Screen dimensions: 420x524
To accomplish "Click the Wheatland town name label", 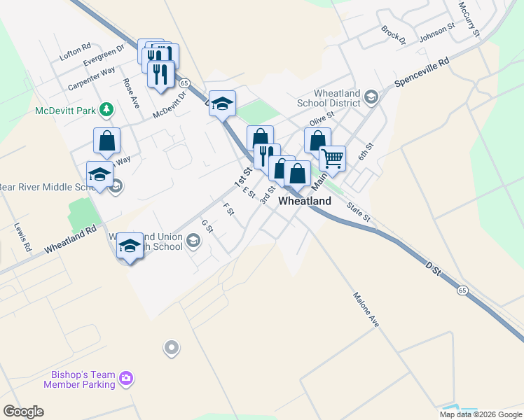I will click(305, 201).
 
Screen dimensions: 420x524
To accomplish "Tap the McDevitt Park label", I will click(66, 110).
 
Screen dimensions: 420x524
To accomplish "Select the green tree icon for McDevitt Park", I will click(106, 108).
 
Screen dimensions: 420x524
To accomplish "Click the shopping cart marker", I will click(333, 158).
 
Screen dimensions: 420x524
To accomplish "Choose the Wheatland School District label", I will click(328, 98).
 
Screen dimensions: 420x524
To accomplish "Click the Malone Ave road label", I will click(366, 309).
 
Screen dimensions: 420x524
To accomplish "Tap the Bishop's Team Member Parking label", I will click(79, 379).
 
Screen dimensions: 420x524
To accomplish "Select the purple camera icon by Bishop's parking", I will click(126, 379).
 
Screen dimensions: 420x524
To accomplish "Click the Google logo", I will click(23, 412).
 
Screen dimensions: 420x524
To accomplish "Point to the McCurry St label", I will click(469, 19).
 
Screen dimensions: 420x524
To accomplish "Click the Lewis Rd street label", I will click(22, 238).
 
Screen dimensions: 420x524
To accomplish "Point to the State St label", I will click(358, 212).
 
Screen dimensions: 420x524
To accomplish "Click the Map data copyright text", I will click(481, 414).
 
